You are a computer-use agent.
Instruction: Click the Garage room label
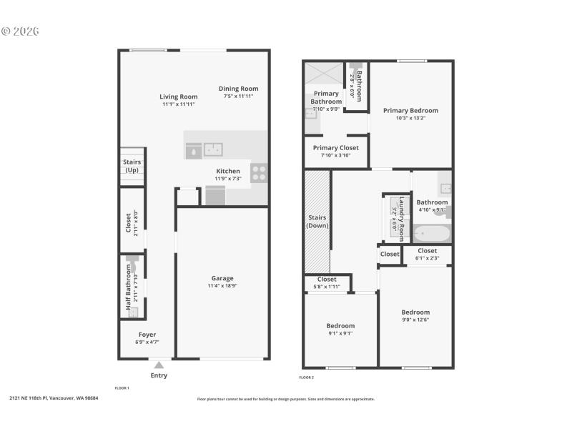click(222, 278)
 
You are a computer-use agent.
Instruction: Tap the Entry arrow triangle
click(159, 365)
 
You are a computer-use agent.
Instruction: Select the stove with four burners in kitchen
click(259, 172)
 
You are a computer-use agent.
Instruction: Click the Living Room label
click(178, 97)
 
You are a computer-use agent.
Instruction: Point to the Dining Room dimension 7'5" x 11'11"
click(238, 96)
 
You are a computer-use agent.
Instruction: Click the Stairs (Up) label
click(132, 166)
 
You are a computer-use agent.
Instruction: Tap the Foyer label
click(147, 335)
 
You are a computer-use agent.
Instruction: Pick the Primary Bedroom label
click(410, 110)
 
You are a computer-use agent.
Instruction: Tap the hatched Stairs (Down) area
click(317, 222)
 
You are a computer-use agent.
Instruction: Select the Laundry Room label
click(402, 218)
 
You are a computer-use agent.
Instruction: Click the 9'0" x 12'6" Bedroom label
click(415, 312)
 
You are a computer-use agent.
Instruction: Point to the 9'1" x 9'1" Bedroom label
click(340, 325)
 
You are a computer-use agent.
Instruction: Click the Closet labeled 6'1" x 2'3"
click(427, 251)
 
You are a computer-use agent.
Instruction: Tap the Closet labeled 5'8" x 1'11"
click(327, 280)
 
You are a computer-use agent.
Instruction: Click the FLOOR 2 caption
click(307, 377)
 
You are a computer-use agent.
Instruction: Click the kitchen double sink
click(212, 149)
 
